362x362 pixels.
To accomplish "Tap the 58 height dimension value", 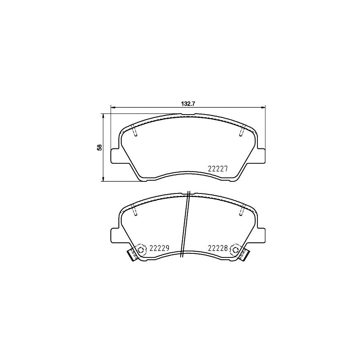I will [99, 147].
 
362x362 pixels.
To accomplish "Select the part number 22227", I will [218, 169].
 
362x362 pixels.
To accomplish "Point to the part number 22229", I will [159, 249].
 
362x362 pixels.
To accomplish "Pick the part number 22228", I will [218, 249].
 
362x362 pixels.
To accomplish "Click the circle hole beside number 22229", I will [141, 249].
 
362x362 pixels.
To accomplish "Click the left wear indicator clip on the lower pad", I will [131, 254].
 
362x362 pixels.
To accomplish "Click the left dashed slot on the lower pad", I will [135, 210].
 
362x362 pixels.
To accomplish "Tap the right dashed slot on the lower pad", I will [243, 210].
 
